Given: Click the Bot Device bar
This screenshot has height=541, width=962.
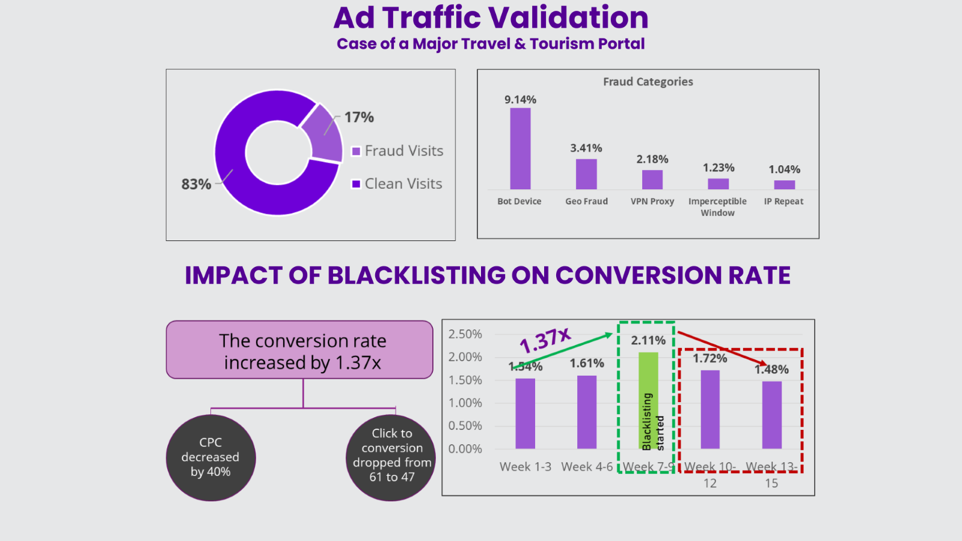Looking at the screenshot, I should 520,148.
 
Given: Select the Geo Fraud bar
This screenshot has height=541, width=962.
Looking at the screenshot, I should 586,174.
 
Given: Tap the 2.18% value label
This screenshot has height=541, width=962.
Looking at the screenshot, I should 652,159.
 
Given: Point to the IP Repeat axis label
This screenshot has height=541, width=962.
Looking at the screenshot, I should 783,201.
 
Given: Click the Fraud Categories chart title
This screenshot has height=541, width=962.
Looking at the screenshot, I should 648,82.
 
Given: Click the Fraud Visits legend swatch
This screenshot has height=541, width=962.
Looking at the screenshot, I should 356,151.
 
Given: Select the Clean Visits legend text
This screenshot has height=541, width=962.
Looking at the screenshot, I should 403,184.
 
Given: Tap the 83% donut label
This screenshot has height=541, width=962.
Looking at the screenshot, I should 196,184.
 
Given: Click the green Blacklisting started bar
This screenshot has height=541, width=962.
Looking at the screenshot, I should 648,400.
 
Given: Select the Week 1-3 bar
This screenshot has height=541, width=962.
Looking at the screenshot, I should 525,414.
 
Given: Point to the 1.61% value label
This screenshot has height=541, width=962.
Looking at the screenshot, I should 587,363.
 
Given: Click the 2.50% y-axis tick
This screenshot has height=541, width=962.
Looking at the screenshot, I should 465,334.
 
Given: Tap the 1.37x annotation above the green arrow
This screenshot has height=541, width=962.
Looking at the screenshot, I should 545,340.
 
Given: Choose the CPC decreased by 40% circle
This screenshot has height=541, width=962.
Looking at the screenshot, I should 210,457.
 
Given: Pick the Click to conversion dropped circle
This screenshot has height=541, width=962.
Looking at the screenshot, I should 391,457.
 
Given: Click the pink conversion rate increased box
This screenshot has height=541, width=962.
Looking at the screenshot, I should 299,350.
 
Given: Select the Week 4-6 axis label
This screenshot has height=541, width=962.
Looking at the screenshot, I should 587,467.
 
